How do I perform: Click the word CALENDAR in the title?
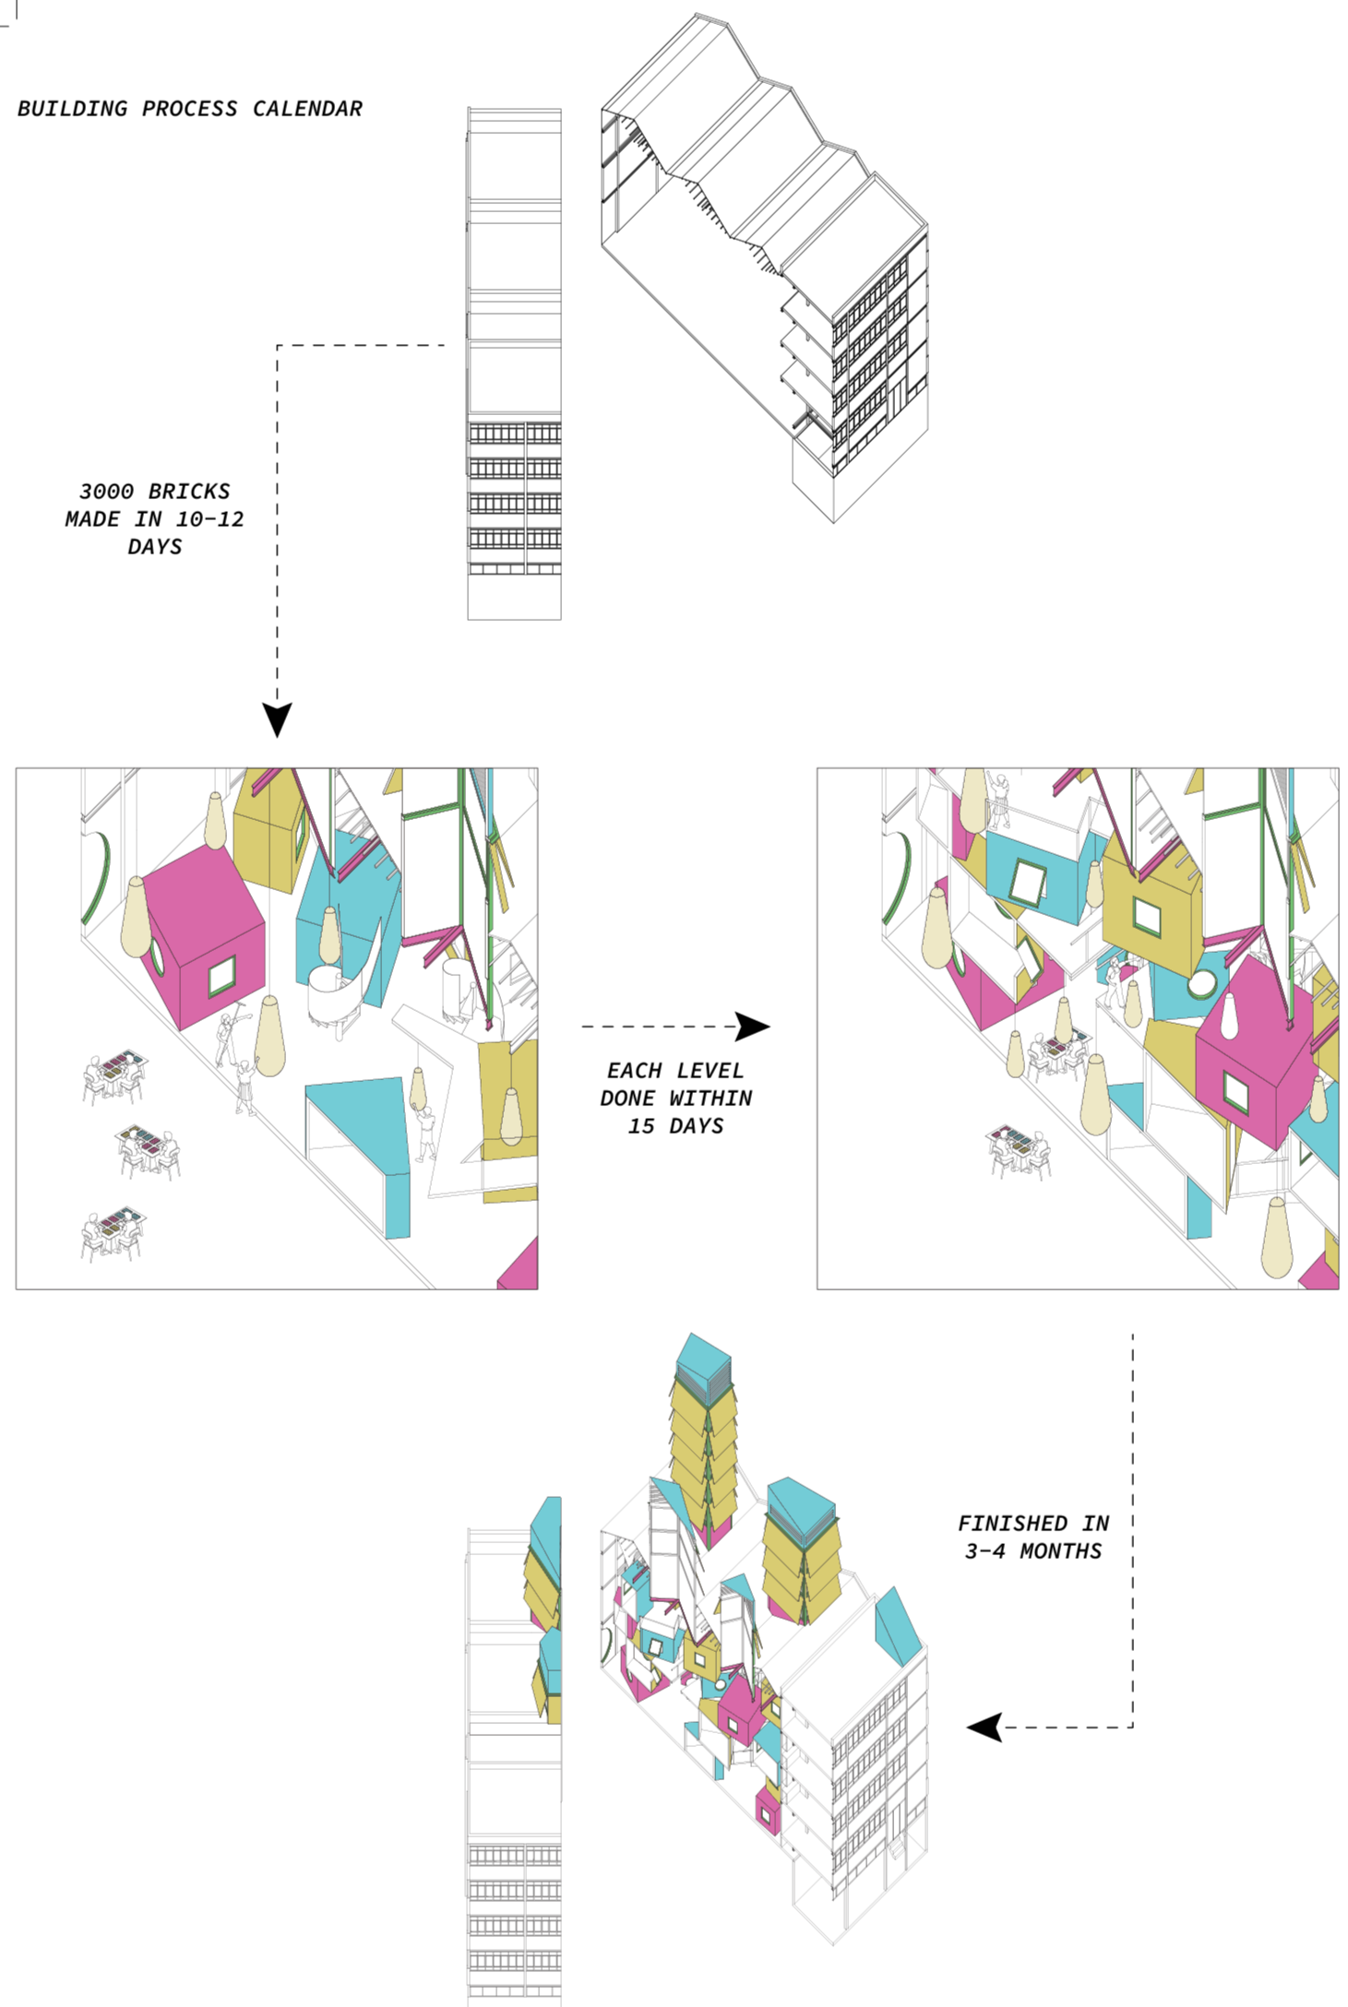pos(307,109)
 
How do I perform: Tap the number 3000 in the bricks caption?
pos(106,492)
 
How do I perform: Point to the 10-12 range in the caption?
pos(209,519)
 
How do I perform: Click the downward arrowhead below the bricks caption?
pos(277,718)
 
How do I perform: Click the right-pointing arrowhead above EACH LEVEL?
pos(752,1026)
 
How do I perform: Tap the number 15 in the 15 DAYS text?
pos(640,1126)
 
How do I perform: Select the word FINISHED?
pos(1012,1523)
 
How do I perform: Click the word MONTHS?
pos(1060,1550)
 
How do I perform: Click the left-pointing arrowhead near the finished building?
pos(985,1727)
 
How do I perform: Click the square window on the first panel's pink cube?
pos(221,976)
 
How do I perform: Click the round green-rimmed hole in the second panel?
pos(1200,984)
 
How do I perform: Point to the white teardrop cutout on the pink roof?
pos(1229,1015)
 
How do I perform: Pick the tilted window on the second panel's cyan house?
pos(1026,880)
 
